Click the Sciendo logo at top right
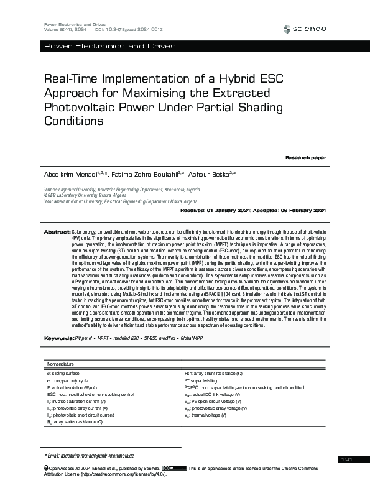click(304, 29)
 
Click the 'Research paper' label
click(305, 158)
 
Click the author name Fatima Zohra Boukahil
click(147, 172)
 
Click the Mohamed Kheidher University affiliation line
click(121, 201)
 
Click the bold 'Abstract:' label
click(57, 231)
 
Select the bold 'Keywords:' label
click(58, 338)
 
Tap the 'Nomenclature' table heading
click(60, 363)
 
